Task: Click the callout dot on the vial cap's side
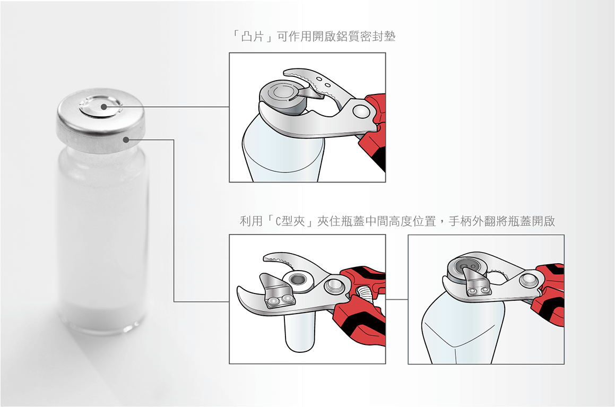click(x=126, y=140)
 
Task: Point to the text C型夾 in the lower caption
click(x=290, y=221)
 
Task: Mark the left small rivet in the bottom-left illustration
click(x=273, y=301)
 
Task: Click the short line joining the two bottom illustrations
click(x=396, y=299)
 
